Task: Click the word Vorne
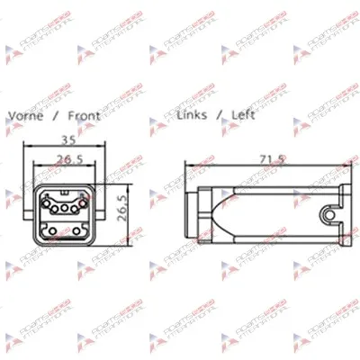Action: (x=25, y=116)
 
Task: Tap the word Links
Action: (x=193, y=115)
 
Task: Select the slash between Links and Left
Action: (x=220, y=115)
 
